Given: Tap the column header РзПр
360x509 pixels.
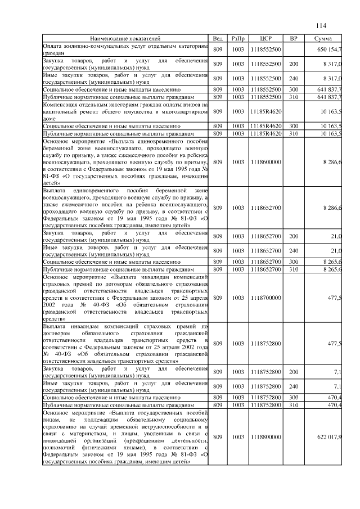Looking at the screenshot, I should point(238,38).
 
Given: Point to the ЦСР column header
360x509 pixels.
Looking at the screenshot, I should point(267,38).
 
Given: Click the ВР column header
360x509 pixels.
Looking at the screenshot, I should point(293,38).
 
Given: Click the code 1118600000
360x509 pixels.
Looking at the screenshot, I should point(267,162).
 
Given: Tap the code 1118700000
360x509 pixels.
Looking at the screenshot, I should point(267,297).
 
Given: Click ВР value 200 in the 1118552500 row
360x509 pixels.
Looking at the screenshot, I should point(293,65).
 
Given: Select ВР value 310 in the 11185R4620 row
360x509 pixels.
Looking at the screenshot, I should point(293,134).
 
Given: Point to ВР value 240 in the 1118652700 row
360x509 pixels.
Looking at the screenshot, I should point(293,250).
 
